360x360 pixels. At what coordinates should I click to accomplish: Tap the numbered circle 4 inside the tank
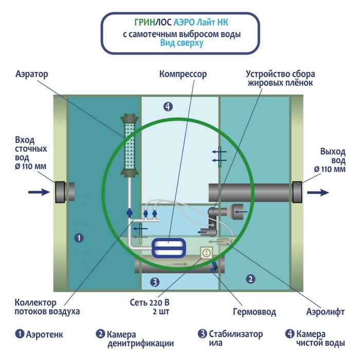coord(168,107)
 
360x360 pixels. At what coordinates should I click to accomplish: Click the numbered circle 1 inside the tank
coord(78,238)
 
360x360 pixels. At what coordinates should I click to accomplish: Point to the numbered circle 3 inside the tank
coord(154,282)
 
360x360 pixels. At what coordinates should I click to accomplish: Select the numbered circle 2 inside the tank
coord(250,279)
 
